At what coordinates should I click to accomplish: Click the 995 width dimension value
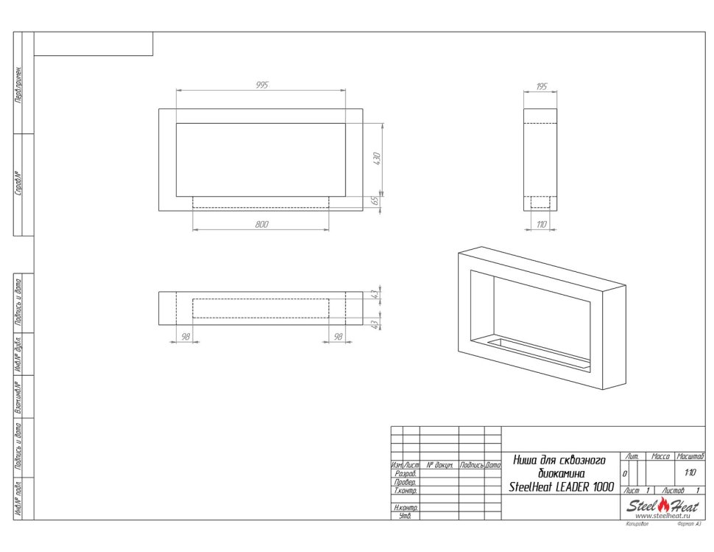pos(261,85)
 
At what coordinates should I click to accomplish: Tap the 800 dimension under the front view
pos(261,224)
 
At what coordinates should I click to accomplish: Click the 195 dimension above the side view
pos(541,87)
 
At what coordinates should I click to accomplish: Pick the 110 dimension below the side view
pos(541,224)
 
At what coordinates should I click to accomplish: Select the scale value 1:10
pos(690,474)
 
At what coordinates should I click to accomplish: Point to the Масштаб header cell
pos(690,458)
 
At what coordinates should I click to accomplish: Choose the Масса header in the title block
pos(660,458)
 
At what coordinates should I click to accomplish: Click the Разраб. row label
pos(406,474)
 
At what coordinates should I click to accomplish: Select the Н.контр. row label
pos(406,508)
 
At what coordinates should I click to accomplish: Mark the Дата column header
pos(492,466)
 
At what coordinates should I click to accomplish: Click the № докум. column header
pos(439,466)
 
